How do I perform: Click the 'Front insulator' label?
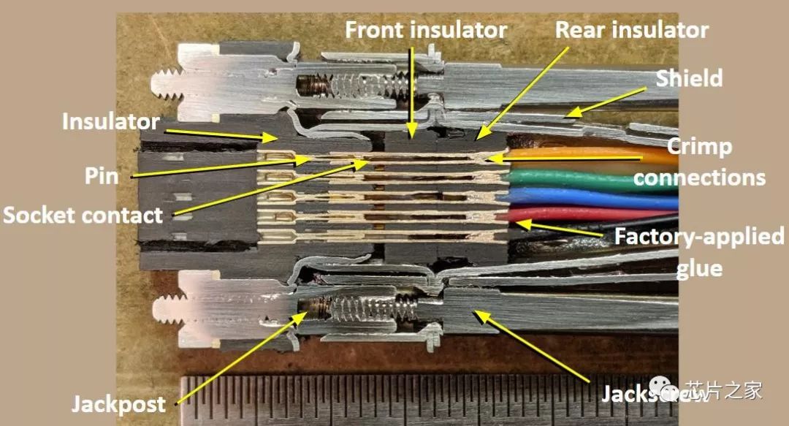[x=426, y=30]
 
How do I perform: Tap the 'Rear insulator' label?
[x=631, y=30]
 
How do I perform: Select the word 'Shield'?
[x=689, y=78]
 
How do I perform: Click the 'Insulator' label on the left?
[x=110, y=121]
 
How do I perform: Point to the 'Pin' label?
[x=101, y=175]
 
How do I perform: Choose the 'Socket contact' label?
[x=82, y=215]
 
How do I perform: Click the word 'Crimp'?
[x=698, y=146]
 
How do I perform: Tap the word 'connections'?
[x=699, y=177]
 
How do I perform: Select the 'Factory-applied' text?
[x=698, y=237]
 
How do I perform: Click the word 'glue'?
[x=698, y=268]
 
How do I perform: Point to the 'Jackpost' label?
[x=118, y=404]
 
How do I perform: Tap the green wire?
[x=584, y=180]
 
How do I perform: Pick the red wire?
[x=584, y=214]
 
